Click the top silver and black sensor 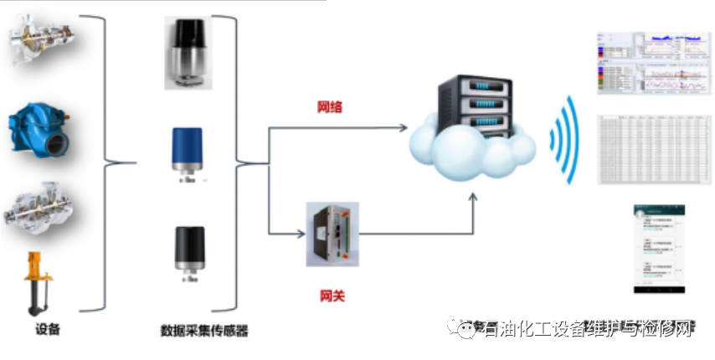click(x=188, y=51)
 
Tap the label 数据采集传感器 click(x=204, y=330)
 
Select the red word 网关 click(x=332, y=296)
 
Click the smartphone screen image click(x=659, y=248)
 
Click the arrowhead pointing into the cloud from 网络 click(x=404, y=128)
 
